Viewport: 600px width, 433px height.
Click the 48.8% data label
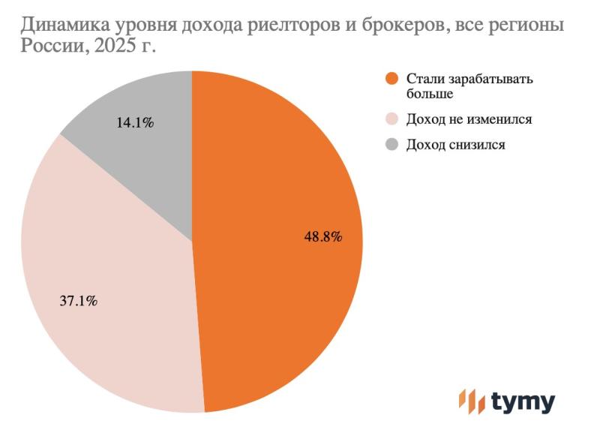pos(323,236)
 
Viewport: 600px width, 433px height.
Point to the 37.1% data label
pos(78,302)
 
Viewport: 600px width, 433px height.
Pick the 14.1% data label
pos(135,123)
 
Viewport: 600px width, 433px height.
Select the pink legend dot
pos(390,119)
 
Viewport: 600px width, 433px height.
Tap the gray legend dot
pos(390,145)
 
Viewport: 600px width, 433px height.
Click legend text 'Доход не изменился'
pos(463,119)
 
